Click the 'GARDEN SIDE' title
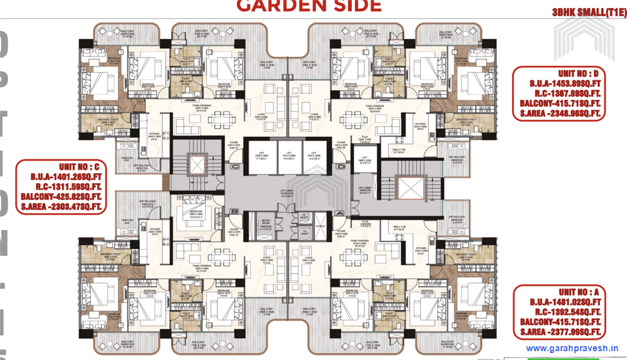(x=308, y=6)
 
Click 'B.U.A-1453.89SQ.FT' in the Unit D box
(x=557, y=83)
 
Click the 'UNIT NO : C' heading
(x=61, y=167)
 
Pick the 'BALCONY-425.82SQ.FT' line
(x=61, y=196)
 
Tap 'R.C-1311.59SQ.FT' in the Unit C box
(x=61, y=187)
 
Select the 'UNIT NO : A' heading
(x=558, y=292)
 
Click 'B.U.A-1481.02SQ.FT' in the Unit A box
(x=558, y=302)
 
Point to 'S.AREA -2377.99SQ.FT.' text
(x=558, y=332)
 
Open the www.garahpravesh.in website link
(x=572, y=348)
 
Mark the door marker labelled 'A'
(x=339, y=213)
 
